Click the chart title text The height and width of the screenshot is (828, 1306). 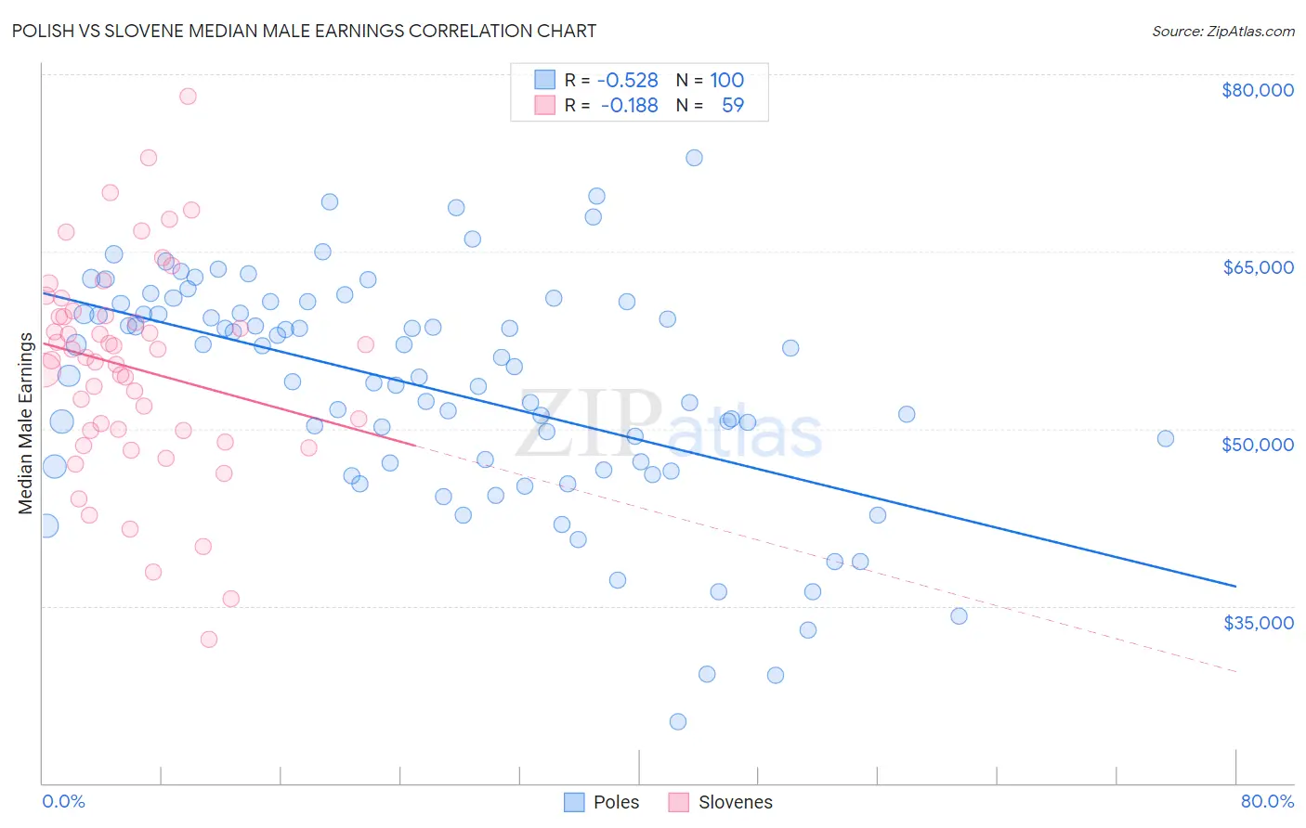(x=304, y=31)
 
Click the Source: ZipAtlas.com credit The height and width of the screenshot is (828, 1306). (x=1222, y=31)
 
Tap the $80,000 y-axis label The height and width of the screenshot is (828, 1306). (x=1257, y=90)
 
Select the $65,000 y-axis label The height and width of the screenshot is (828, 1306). (x=1257, y=267)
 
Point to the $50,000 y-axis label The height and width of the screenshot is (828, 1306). (x=1257, y=445)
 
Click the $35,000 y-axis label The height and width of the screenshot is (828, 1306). (x=1257, y=622)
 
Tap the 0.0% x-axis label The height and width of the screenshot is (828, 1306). (x=63, y=801)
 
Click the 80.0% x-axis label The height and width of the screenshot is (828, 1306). (x=1267, y=801)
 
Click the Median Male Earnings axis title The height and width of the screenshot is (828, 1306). (x=25, y=423)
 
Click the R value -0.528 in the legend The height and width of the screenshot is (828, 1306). (x=628, y=81)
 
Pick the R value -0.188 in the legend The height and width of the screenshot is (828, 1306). (x=629, y=106)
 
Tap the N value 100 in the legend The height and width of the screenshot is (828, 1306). (x=727, y=81)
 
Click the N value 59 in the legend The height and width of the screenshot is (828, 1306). (x=733, y=106)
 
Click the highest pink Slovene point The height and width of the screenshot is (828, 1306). (x=188, y=96)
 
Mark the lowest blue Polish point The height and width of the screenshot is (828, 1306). (x=678, y=721)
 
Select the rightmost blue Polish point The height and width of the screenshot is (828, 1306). (x=1166, y=438)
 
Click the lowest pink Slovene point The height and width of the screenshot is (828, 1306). (x=209, y=639)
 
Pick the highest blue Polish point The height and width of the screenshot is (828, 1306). (x=694, y=158)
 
